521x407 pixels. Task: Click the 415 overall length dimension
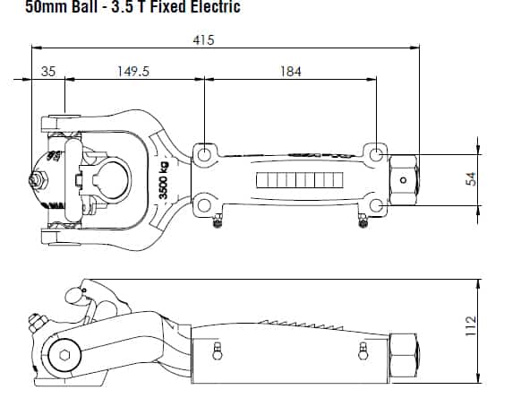[x=204, y=40]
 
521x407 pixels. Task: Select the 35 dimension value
[x=48, y=72]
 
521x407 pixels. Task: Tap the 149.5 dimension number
[x=133, y=71]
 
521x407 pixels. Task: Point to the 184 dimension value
[x=291, y=72]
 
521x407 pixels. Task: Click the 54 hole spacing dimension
[x=471, y=179]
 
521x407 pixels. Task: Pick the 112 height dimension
[x=471, y=326]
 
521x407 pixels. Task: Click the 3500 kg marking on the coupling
[x=164, y=179]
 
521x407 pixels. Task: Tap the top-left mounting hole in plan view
[x=204, y=154]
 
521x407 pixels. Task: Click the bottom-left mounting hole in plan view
[x=204, y=205]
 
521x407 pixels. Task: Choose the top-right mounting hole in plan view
[x=376, y=155]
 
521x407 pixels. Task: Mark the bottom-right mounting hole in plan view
[x=376, y=205]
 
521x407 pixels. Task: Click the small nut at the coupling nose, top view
[x=38, y=180]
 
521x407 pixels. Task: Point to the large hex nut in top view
[x=404, y=180]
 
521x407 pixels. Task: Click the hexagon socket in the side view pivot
[x=64, y=355]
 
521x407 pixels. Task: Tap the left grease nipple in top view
[x=218, y=221]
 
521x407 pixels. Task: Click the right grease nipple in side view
[x=363, y=351]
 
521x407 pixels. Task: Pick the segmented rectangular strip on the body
[x=300, y=180]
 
